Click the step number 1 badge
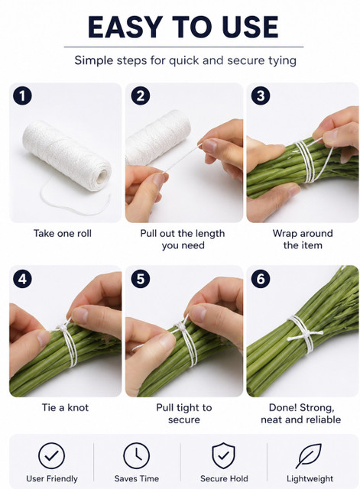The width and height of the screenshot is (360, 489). click(22, 96)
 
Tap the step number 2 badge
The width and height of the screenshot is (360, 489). click(141, 96)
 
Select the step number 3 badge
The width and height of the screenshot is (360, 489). click(261, 96)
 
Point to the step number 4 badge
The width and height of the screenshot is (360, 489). click(22, 278)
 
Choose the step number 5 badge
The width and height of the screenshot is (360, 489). click(141, 278)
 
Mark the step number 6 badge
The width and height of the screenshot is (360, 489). click(261, 278)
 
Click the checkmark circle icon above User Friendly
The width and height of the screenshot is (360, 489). click(51, 455)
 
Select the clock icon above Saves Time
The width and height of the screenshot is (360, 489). click(136, 455)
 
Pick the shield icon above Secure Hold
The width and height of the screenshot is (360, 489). click(223, 455)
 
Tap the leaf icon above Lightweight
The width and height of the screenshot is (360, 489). click(309, 455)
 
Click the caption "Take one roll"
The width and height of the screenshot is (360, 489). click(63, 233)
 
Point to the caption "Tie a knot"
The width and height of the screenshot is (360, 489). click(65, 407)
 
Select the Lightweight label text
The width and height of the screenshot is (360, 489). click(310, 478)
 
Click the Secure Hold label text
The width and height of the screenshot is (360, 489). click(224, 478)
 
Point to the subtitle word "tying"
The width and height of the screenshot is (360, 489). click(282, 60)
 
